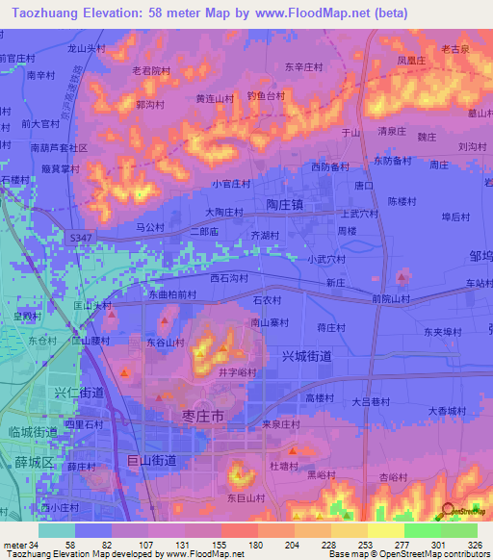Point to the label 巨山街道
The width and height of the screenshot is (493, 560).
coord(152,461)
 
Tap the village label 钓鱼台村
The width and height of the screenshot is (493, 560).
coord(266,96)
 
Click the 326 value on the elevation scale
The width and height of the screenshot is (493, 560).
coord(476,545)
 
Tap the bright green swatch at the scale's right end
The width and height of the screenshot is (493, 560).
coord(458,530)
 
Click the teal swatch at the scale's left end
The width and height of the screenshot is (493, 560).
coord(56,530)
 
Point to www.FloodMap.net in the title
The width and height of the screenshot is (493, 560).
coord(317,13)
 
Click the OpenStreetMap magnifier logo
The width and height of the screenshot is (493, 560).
coord(449,512)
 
